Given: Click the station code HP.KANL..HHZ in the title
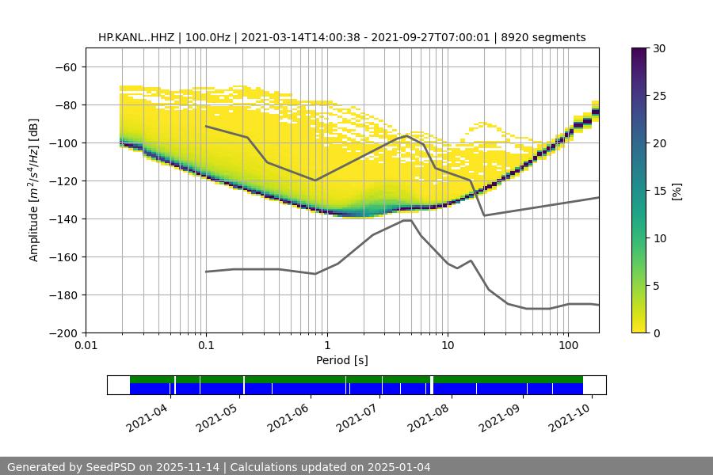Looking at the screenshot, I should click(x=138, y=37).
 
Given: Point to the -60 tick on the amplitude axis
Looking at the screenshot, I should click(x=66, y=66).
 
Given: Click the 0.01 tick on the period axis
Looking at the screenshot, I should click(x=86, y=346).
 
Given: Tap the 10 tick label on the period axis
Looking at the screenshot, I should click(x=448, y=346).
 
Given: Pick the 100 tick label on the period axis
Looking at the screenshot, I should click(x=568, y=346).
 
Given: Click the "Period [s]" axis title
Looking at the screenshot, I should click(x=342, y=360).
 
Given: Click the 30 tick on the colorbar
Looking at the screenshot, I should click(x=658, y=48).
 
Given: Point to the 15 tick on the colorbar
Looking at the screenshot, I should click(x=658, y=191).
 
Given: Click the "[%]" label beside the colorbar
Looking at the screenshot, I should click(x=677, y=191).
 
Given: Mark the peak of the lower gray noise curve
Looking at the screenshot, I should click(x=406, y=221).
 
